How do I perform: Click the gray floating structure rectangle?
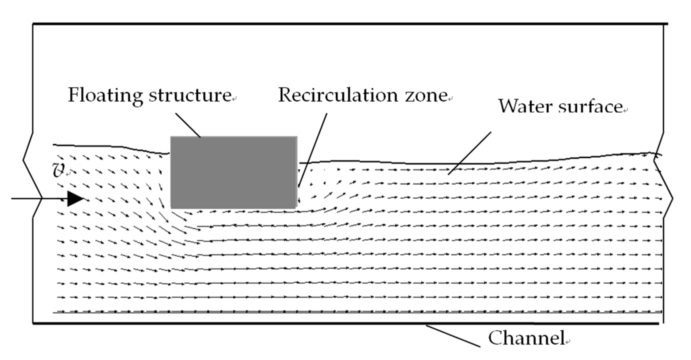click(234, 172)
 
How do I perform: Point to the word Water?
click(526, 107)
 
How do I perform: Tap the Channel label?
click(526, 338)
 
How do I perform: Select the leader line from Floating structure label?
click(188, 125)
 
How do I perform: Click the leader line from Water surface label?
click(469, 153)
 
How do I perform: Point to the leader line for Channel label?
click(453, 336)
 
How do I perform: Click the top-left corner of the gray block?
click(171, 137)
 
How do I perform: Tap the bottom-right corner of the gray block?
click(296, 208)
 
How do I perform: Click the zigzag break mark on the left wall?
click(33, 176)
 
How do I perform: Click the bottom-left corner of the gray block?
click(171, 208)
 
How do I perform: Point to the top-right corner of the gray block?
click(297, 137)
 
